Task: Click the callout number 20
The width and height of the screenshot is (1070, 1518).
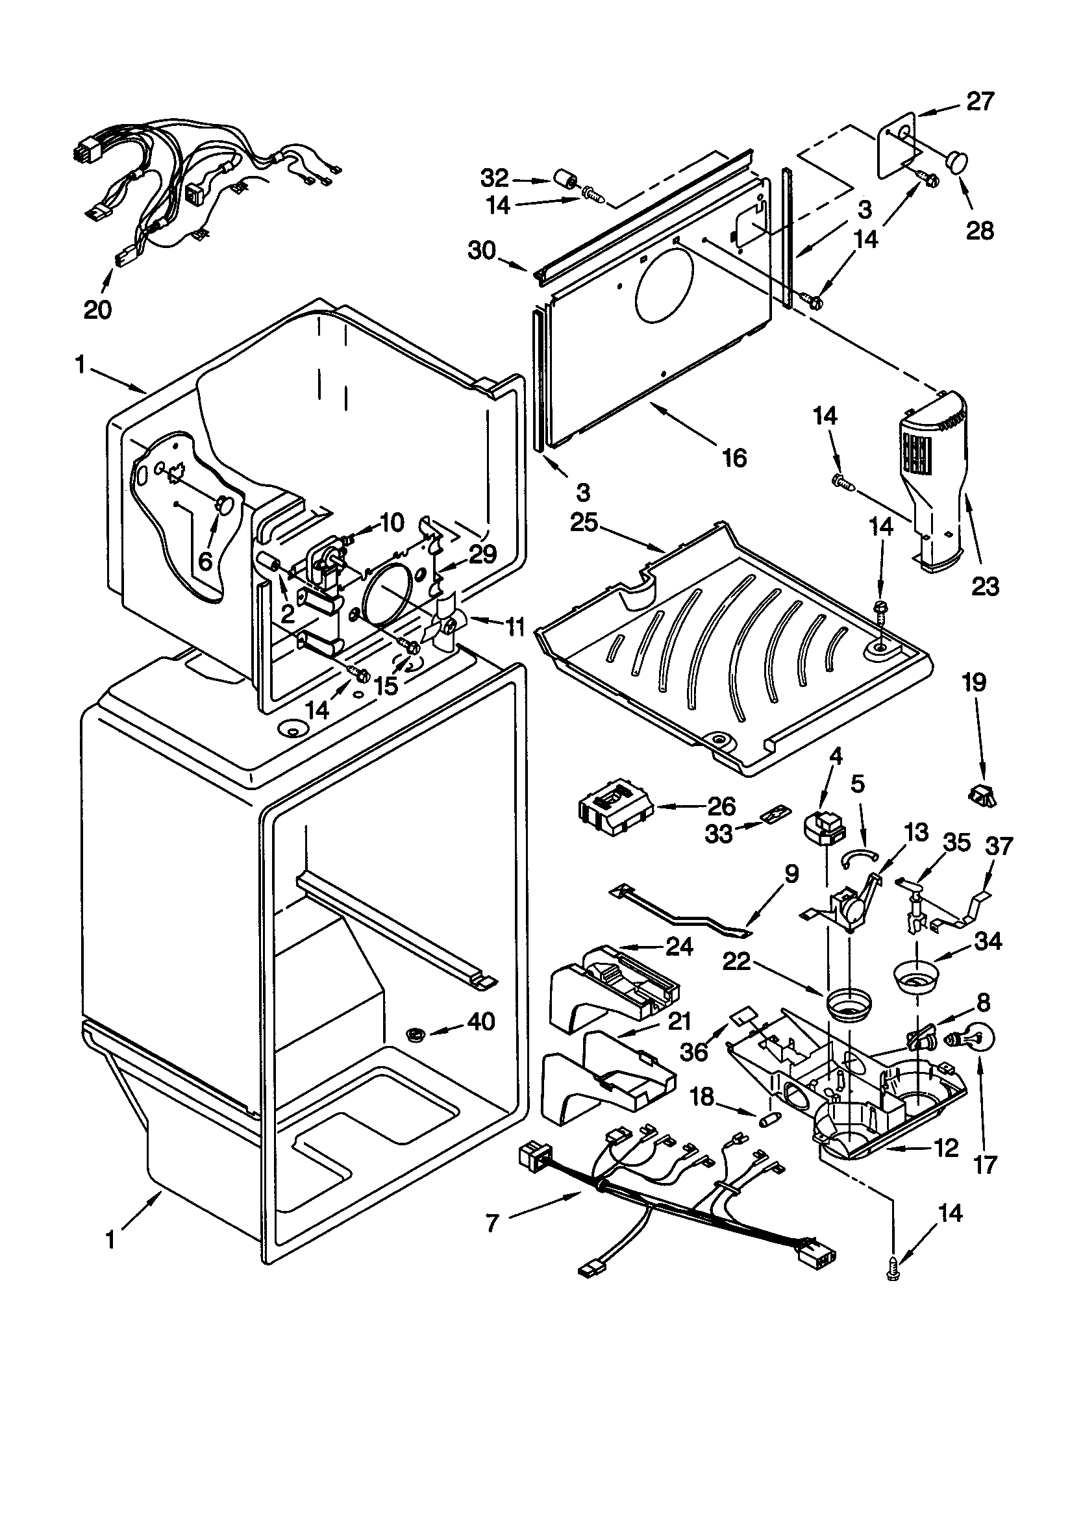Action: [97, 309]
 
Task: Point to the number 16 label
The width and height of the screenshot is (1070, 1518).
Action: [734, 458]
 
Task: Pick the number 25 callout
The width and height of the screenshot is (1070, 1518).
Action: [584, 523]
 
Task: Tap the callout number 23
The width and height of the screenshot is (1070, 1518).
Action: [985, 586]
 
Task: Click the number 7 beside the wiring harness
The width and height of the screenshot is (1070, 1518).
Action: [491, 1224]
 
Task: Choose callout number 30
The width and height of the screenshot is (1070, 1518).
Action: [481, 251]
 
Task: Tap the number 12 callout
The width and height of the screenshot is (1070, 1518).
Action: [947, 1148]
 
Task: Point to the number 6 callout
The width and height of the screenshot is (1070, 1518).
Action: [206, 561]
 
